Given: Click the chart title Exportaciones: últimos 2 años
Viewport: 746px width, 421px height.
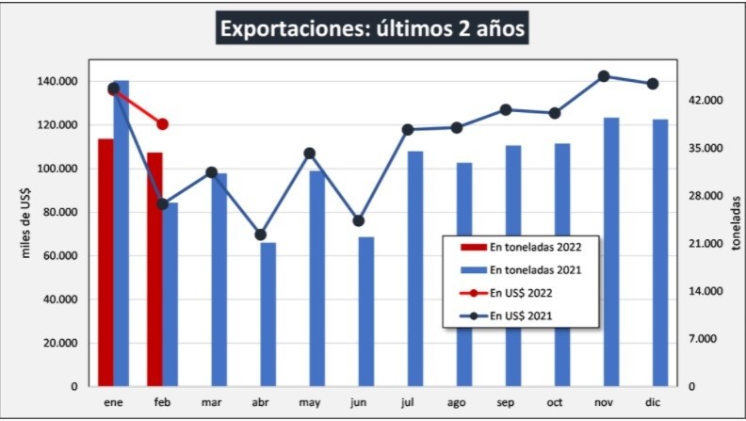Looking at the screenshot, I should click(372, 29).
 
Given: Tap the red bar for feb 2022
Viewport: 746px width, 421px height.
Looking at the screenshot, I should click(154, 268).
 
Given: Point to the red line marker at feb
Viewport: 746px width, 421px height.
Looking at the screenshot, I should click(162, 124).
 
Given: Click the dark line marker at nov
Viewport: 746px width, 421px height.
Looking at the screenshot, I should click(604, 76).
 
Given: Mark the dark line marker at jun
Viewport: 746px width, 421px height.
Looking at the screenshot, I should click(359, 221).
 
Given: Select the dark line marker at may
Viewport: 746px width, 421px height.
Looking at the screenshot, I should click(310, 154).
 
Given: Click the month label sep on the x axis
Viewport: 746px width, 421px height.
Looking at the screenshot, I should click(506, 402).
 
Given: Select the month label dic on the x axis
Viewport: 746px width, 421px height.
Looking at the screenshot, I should click(653, 402).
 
